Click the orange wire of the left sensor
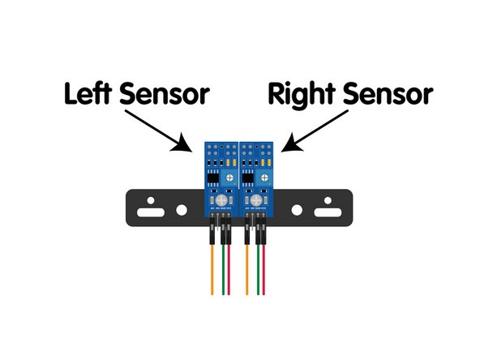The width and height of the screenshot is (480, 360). click(x=212, y=272)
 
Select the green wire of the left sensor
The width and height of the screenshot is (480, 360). click(x=221, y=272)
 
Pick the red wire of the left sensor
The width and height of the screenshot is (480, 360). click(x=230, y=272)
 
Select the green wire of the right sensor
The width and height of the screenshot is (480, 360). click(x=259, y=272)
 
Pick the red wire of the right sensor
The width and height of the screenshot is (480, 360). click(x=268, y=272)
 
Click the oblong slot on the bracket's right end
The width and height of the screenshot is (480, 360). click(x=328, y=212)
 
